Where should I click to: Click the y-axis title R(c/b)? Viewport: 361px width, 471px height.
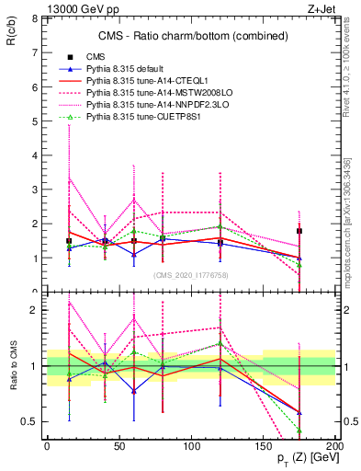pyautogui.click(x=12, y=36)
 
